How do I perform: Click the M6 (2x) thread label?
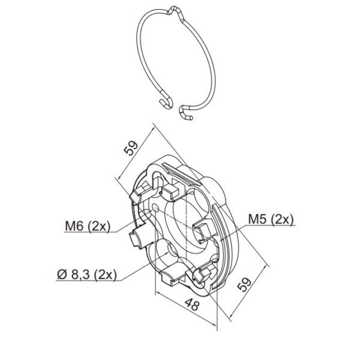(88, 226)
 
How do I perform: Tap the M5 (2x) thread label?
(271, 219)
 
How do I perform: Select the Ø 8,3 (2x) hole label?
(87, 274)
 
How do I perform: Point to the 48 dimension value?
(192, 304)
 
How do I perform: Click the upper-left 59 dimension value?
(131, 148)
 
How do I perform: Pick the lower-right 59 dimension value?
(244, 284)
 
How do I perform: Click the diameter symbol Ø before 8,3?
(62, 274)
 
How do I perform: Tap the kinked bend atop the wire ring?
(176, 11)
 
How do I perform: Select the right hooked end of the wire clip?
(185, 113)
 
